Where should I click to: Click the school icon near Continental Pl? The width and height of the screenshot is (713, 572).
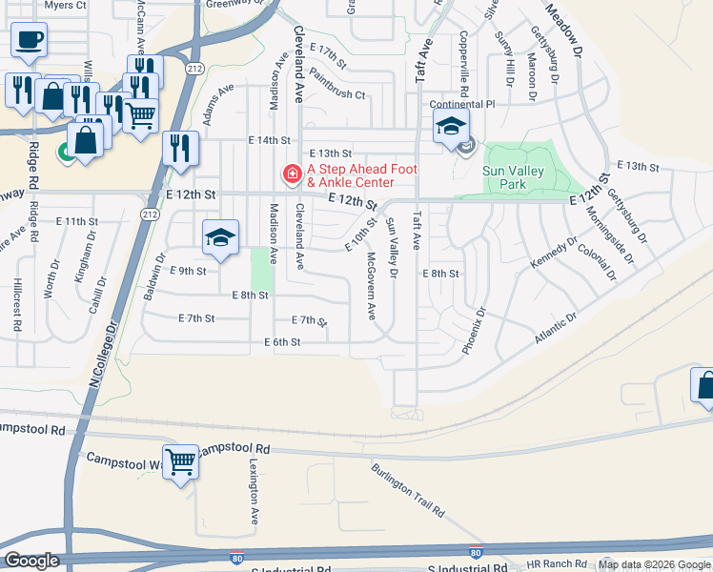(452, 125)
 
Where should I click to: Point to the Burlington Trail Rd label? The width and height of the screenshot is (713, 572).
(408, 491)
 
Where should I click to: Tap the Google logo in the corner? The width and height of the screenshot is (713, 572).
(31, 561)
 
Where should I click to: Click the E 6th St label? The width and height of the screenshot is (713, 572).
(282, 341)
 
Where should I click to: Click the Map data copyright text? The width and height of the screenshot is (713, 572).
(654, 564)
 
